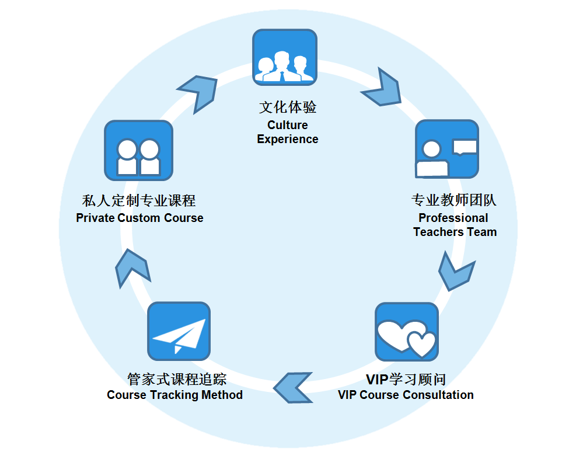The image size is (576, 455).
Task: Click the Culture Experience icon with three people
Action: coord(284,57)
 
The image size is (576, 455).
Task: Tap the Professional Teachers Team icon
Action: coord(446,149)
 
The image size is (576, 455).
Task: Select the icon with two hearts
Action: coord(406,332)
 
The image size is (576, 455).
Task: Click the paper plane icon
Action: coord(179,332)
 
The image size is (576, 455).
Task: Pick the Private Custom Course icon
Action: coord(138,150)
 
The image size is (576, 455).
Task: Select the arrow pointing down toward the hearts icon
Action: coord(456,272)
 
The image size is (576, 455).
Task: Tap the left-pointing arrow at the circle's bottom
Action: coord(294,386)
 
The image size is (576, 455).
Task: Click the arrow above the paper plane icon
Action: coord(132,268)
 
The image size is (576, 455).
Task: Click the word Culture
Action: coord(287,125)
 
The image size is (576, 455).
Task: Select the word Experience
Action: coord(287,139)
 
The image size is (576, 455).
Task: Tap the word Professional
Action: coord(453,218)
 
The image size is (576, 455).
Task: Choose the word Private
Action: coord(96,218)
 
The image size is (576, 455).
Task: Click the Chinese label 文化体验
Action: coord(287,107)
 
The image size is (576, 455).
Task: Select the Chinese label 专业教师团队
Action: coord(453,201)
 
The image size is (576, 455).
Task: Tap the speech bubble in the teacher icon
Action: coord(465,147)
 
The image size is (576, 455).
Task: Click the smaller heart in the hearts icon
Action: coord(421,343)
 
